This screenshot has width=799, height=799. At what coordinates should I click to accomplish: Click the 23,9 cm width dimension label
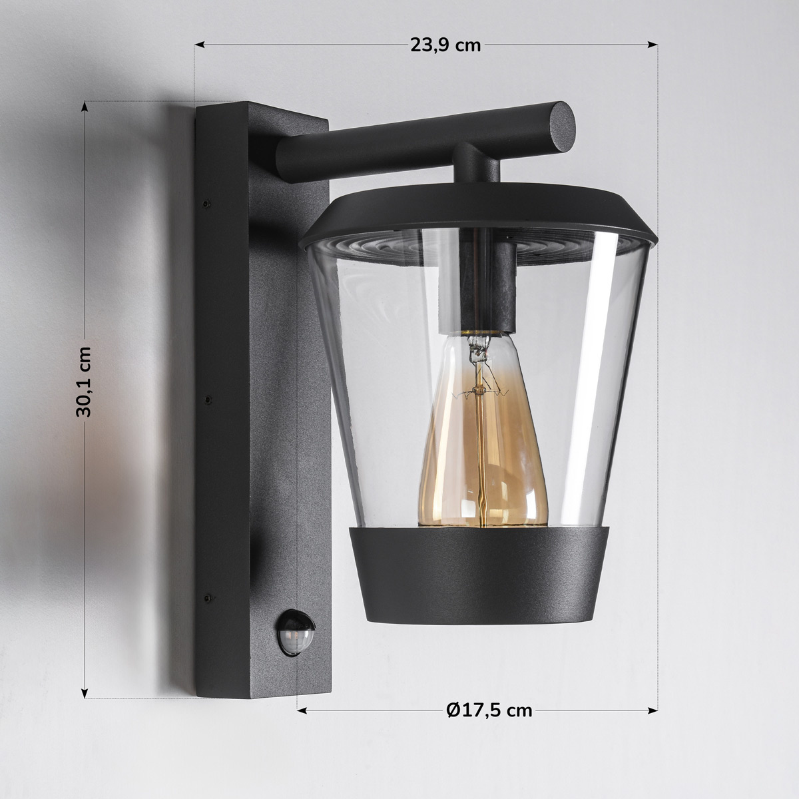coord(444,45)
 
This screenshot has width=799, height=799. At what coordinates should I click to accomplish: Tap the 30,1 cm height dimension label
coord(84,382)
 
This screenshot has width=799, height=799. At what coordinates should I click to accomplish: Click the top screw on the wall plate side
coord(206,200)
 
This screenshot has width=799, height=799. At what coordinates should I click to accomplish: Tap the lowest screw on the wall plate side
coord(208,597)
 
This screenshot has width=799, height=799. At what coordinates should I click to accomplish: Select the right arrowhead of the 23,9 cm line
coord(654,45)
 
